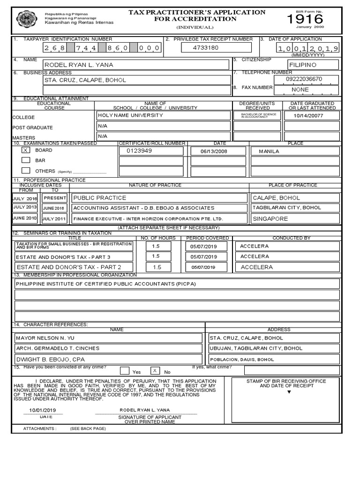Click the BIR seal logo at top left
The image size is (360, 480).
25,19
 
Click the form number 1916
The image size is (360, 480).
305,19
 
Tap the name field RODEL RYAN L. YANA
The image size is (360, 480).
78,65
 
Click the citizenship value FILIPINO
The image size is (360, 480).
303,65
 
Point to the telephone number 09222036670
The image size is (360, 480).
304,79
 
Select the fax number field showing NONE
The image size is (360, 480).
300,90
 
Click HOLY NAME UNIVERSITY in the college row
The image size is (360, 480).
130,115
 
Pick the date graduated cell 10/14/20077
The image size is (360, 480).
308,115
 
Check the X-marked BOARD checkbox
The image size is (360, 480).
26,150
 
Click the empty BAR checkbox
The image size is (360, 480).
26,160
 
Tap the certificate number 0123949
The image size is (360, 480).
139,151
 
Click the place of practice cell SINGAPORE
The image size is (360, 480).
270,218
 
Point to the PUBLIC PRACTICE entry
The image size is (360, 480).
100,198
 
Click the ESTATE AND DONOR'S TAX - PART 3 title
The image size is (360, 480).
63,257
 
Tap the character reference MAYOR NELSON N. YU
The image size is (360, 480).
45,337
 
